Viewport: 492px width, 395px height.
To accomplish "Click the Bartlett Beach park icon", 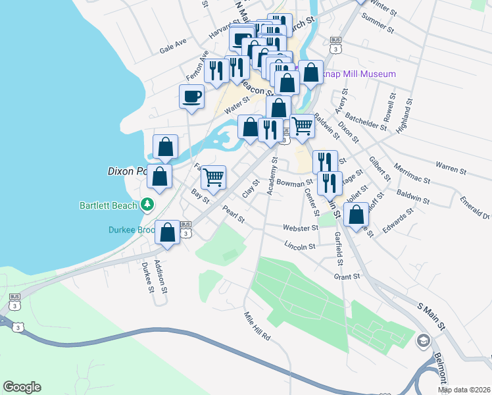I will click(x=149, y=205).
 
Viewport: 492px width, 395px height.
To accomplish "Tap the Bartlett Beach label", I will click(x=109, y=205).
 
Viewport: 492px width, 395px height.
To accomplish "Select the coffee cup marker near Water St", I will click(x=191, y=97).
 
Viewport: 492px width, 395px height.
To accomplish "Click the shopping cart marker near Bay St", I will click(x=213, y=177).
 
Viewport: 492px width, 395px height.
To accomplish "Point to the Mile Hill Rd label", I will click(x=257, y=327).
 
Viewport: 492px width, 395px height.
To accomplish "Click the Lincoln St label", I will click(x=300, y=246).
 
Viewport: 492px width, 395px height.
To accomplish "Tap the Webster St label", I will click(x=301, y=228).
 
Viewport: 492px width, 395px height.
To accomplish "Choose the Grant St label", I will click(x=347, y=277).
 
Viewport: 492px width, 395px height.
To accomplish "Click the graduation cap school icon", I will click(x=424, y=340).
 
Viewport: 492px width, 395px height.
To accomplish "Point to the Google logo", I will click(x=22, y=387).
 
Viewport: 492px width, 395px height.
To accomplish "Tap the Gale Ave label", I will click(x=173, y=45).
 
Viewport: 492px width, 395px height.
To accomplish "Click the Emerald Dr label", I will click(x=475, y=207).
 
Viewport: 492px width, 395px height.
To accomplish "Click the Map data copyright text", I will click(x=464, y=390).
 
